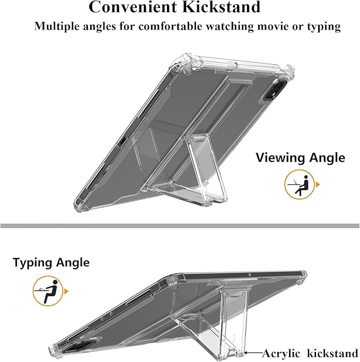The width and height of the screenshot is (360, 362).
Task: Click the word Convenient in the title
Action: pyautogui.click(x=133, y=7)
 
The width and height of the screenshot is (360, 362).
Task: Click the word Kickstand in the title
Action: pyautogui.click(x=221, y=7)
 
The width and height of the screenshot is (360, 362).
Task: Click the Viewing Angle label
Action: pyautogui.click(x=301, y=158)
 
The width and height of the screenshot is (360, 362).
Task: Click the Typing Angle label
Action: pyautogui.click(x=51, y=263)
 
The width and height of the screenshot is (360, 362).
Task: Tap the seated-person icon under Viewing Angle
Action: pyautogui.click(x=300, y=184)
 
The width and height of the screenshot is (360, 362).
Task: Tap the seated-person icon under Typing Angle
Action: pyautogui.click(x=48, y=291)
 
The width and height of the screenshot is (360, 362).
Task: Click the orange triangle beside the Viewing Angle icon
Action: pyautogui.click(x=318, y=184)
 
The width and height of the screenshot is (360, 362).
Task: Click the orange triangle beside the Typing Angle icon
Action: pyautogui.click(x=66, y=292)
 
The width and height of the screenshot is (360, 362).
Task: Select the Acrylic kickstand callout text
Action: pyautogui.click(x=310, y=354)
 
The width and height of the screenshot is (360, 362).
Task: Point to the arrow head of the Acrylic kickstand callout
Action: pyautogui.click(x=245, y=353)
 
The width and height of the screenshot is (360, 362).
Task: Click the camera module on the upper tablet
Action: pyautogui.click(x=276, y=90)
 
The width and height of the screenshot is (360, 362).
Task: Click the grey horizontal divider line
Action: pyautogui.click(x=180, y=226)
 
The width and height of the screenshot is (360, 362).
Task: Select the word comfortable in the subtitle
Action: pyautogui.click(x=170, y=26)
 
